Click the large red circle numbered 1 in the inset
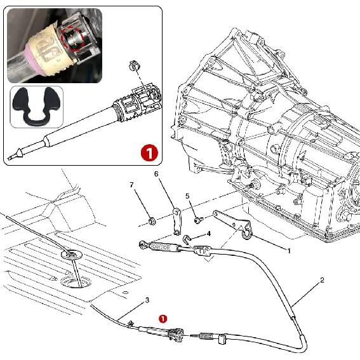tap(147, 152)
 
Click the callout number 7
tap(132, 185)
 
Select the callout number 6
tap(156, 174)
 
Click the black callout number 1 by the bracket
tap(289, 251)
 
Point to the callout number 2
tap(322, 279)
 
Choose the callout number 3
tap(147, 300)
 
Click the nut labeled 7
tap(151, 222)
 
